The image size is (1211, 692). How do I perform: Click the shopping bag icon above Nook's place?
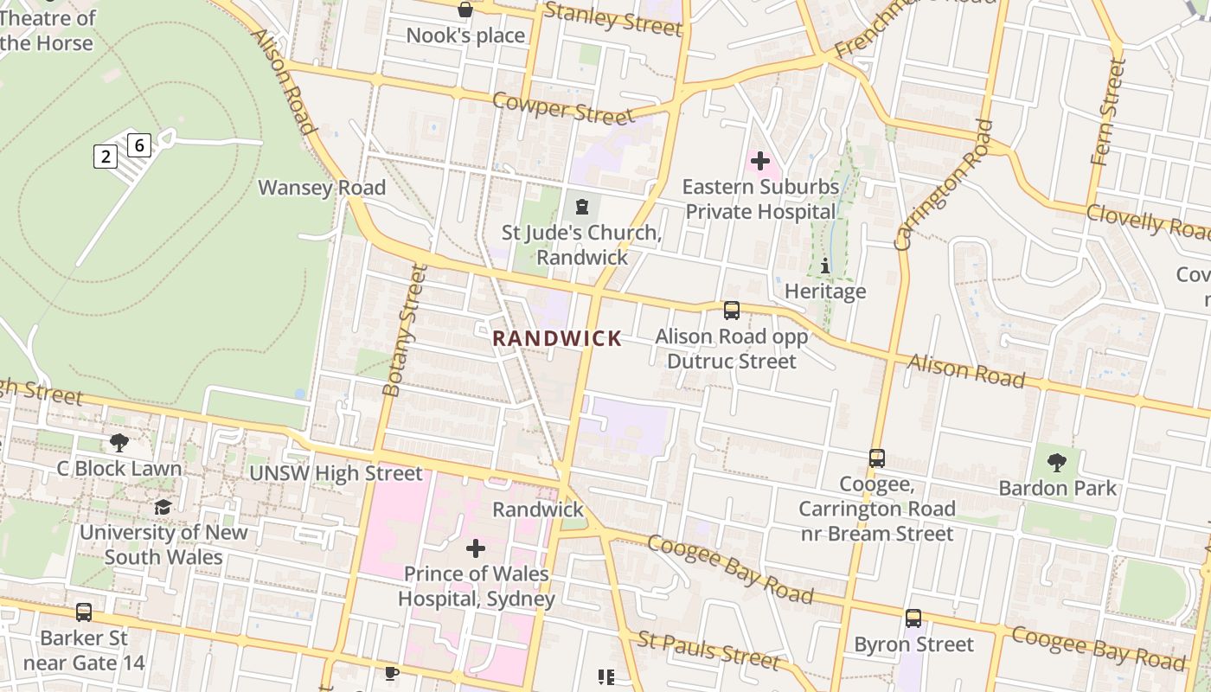(x=465, y=10)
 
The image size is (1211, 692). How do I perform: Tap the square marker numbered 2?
(x=106, y=157)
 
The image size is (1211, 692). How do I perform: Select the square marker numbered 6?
(x=139, y=144)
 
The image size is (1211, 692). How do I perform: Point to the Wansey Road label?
(x=322, y=188)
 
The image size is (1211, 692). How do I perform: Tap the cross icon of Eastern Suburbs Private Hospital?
(x=759, y=161)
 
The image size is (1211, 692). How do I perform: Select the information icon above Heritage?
(x=824, y=266)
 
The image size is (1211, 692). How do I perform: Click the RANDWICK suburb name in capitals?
(x=557, y=338)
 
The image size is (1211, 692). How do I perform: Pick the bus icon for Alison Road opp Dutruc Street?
(x=732, y=310)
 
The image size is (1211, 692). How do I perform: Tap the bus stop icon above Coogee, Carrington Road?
(x=876, y=458)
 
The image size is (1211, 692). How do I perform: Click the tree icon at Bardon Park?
(x=1056, y=462)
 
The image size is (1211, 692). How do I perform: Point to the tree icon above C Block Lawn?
(x=119, y=443)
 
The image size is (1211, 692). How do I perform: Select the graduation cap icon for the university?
(x=163, y=507)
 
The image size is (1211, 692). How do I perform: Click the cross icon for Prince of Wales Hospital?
(x=475, y=548)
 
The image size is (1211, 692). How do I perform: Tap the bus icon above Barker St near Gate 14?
(x=84, y=612)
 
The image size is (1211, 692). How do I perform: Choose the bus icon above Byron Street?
(x=913, y=618)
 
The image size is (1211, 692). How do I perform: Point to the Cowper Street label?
(x=563, y=108)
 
